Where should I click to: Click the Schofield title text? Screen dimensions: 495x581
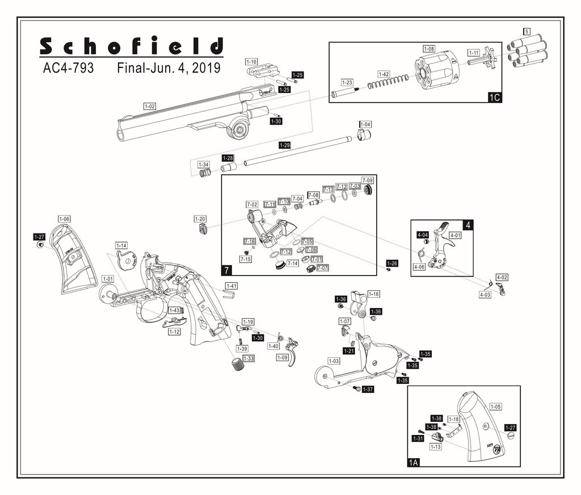(132, 46)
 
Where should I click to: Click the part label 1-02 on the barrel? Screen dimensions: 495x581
(150, 107)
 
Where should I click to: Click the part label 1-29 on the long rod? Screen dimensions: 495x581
(285, 146)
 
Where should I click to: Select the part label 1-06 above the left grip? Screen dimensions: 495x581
(64, 218)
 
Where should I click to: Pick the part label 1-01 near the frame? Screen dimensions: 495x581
(108, 279)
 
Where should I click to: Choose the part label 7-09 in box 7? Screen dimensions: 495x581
(368, 180)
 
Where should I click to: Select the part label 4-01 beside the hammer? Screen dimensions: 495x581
(455, 235)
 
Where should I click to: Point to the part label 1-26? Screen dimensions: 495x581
(392, 263)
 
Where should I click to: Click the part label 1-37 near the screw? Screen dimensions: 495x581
(368, 390)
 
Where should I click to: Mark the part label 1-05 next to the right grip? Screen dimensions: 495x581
(495, 407)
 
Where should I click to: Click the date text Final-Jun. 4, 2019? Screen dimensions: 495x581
(169, 69)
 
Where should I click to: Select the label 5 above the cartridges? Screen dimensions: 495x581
(527, 32)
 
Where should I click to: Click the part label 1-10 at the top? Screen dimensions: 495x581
(251, 61)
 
